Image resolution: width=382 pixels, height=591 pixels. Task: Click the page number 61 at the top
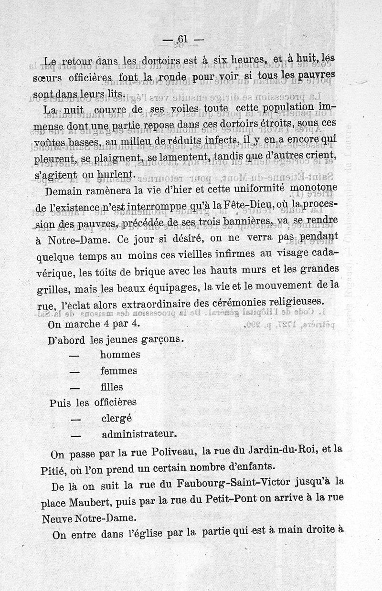(183, 40)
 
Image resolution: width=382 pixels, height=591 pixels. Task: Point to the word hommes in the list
(120, 355)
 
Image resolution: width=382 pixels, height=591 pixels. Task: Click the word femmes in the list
(119, 370)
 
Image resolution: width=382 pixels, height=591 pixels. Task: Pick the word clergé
(117, 418)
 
